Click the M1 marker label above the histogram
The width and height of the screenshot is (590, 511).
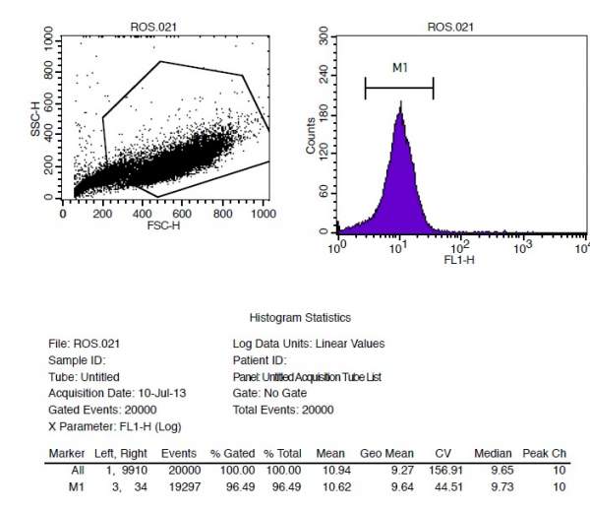pos(398,68)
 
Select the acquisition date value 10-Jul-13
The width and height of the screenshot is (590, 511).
pos(159,393)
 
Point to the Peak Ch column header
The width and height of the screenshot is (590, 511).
pos(545,453)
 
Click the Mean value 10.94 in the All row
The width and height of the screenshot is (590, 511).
pos(329,471)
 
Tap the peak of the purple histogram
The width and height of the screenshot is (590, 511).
pos(400,104)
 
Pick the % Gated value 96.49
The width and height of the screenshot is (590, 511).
pos(238,486)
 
